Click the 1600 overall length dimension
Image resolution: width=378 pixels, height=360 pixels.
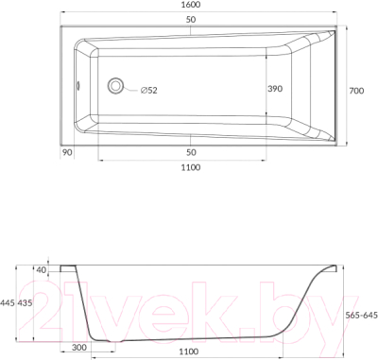(x=191, y=5)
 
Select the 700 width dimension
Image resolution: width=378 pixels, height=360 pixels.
(x=356, y=91)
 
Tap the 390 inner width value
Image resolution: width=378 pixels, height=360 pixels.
(x=275, y=89)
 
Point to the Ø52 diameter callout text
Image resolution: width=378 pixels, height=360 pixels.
(x=148, y=91)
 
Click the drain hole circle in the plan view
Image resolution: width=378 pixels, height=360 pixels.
(x=115, y=86)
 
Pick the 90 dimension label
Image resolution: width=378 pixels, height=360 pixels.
(x=67, y=152)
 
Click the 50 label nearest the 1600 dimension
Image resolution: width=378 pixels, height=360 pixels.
(x=191, y=20)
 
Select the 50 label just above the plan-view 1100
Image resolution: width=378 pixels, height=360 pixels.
(x=191, y=152)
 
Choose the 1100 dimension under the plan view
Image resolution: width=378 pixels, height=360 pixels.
(x=191, y=167)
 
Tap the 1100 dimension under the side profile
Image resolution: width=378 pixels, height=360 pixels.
(x=189, y=351)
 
